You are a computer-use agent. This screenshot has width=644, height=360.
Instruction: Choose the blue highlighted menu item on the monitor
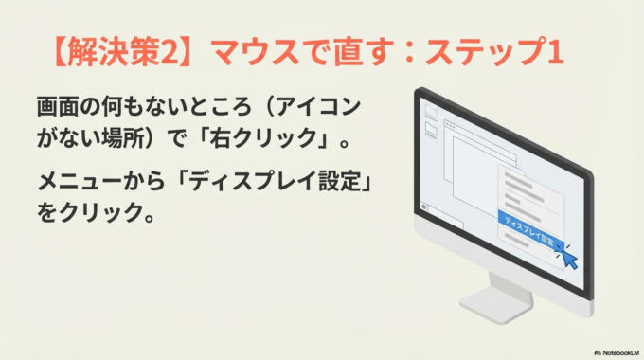coord(530,226)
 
